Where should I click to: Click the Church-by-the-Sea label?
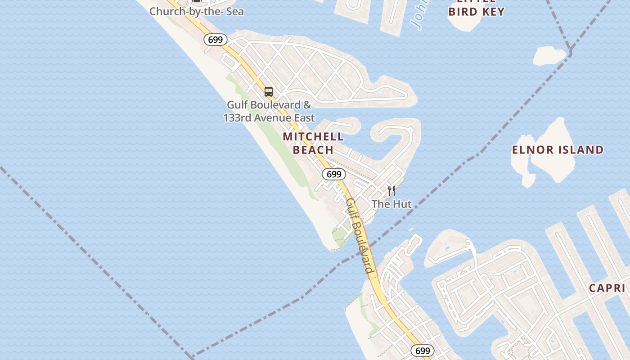(x=196, y=11)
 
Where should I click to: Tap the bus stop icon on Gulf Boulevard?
(x=269, y=92)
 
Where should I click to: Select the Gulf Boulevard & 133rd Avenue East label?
(x=269, y=112)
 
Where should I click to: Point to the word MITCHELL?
(x=313, y=137)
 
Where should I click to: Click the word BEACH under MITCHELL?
(x=313, y=150)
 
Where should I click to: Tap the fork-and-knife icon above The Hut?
(x=391, y=191)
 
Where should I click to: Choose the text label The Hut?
(x=391, y=204)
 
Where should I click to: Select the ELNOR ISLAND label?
(x=558, y=150)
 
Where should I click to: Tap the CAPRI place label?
(x=607, y=288)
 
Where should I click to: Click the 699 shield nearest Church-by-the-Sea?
(x=216, y=40)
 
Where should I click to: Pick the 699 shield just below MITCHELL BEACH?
(x=334, y=174)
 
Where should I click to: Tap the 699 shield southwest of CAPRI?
(x=422, y=351)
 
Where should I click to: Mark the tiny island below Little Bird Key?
(x=549, y=56)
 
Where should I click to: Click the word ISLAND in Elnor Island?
(x=579, y=150)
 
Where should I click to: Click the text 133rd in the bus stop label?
(x=238, y=118)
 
